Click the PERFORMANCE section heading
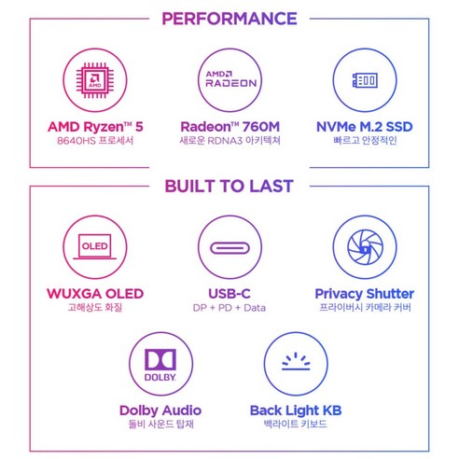pyautogui.click(x=229, y=19)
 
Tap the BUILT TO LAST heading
pyautogui.click(x=229, y=187)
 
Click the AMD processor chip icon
pyautogui.click(x=95, y=80)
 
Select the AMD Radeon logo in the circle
pyautogui.click(x=231, y=79)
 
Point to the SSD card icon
pyautogui.click(x=365, y=80)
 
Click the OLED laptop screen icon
pyautogui.click(x=95, y=246)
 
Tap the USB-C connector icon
pyautogui.click(x=229, y=248)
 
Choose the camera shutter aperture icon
pyautogui.click(x=365, y=247)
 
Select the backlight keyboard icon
pyautogui.click(x=296, y=361)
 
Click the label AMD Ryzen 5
pyautogui.click(x=95, y=127)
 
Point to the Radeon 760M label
pyautogui.click(x=230, y=127)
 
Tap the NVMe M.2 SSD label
pyautogui.click(x=365, y=127)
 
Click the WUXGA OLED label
pyautogui.click(x=95, y=294)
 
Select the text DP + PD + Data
pyautogui.click(x=229, y=308)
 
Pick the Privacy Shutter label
pyautogui.click(x=365, y=294)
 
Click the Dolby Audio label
pyautogui.click(x=160, y=410)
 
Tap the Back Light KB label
pyautogui.click(x=296, y=410)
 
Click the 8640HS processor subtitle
pyautogui.click(x=95, y=141)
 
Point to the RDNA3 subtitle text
pyautogui.click(x=229, y=141)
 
